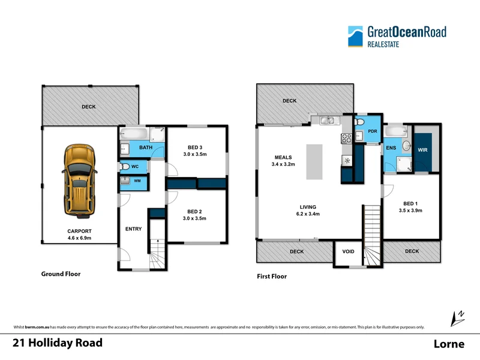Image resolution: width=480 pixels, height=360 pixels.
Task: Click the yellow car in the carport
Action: [80, 180]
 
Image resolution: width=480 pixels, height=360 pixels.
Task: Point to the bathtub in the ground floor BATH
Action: [137, 134]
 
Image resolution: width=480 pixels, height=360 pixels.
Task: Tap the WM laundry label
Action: [137, 181]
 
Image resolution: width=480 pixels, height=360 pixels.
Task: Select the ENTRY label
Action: [133, 229]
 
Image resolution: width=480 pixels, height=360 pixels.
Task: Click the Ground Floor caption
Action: [61, 274]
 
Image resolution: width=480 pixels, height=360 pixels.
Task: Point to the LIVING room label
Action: [308, 207]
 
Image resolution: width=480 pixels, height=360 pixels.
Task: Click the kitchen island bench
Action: [315, 161]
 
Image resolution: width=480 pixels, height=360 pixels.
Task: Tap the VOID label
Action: [348, 251]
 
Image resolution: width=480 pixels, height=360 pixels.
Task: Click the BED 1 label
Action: [411, 204]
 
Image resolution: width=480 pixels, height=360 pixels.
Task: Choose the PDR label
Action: [372, 131]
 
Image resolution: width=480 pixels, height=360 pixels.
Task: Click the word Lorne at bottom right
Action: [449, 344]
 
